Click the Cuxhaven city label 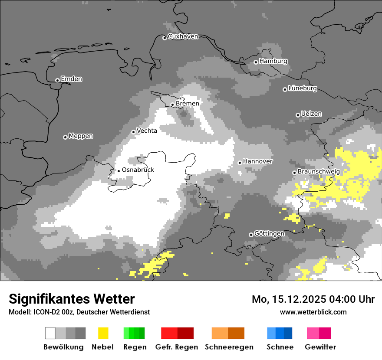click(183, 36)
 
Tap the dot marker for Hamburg click(256, 62)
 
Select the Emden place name click(71, 79)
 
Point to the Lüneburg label click(303, 88)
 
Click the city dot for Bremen click(172, 105)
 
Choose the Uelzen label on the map click(311, 114)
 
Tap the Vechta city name click(147, 131)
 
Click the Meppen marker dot click(65, 137)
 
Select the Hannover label click(258, 161)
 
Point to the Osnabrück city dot click(119, 171)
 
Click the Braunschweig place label click(319, 172)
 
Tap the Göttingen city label click(269, 234)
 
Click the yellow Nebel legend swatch click(103, 333)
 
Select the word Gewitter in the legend click(320, 347)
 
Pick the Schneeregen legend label click(229, 347)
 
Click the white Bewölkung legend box click(50, 333)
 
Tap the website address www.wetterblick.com click(313, 312)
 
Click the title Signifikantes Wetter click(72, 299)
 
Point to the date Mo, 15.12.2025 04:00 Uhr click(313, 299)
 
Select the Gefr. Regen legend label click(177, 347)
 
